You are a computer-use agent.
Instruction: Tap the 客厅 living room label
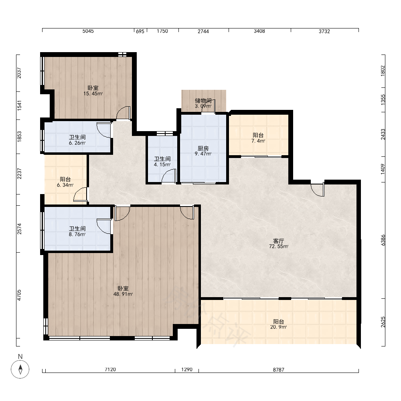pyautogui.click(x=279, y=241)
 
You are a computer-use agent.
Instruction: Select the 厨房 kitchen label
pyautogui.click(x=203, y=148)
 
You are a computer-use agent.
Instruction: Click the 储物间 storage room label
pyautogui.click(x=203, y=101)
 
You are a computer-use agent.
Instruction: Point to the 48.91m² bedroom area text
pyautogui.click(x=123, y=294)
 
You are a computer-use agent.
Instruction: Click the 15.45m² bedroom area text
pyautogui.click(x=93, y=93)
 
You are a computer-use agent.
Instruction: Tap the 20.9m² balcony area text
pyautogui.click(x=279, y=327)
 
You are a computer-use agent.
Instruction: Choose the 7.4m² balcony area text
pyautogui.click(x=258, y=141)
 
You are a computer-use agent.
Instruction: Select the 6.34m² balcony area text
pyautogui.click(x=65, y=185)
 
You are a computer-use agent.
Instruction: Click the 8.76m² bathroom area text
pyautogui.click(x=77, y=234)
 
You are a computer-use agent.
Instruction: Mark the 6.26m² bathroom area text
pyautogui.click(x=77, y=143)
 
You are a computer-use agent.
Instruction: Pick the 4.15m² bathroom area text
pyautogui.click(x=162, y=165)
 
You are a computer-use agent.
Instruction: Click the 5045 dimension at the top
pyautogui.click(x=88, y=31)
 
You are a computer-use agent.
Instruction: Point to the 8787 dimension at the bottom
pyautogui.click(x=279, y=370)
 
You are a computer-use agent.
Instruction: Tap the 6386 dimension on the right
pyautogui.click(x=383, y=240)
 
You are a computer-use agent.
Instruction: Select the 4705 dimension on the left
pyautogui.click(x=19, y=295)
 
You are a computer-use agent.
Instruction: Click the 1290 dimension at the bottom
pyautogui.click(x=187, y=370)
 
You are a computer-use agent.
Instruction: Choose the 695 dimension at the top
pyautogui.click(x=140, y=31)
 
